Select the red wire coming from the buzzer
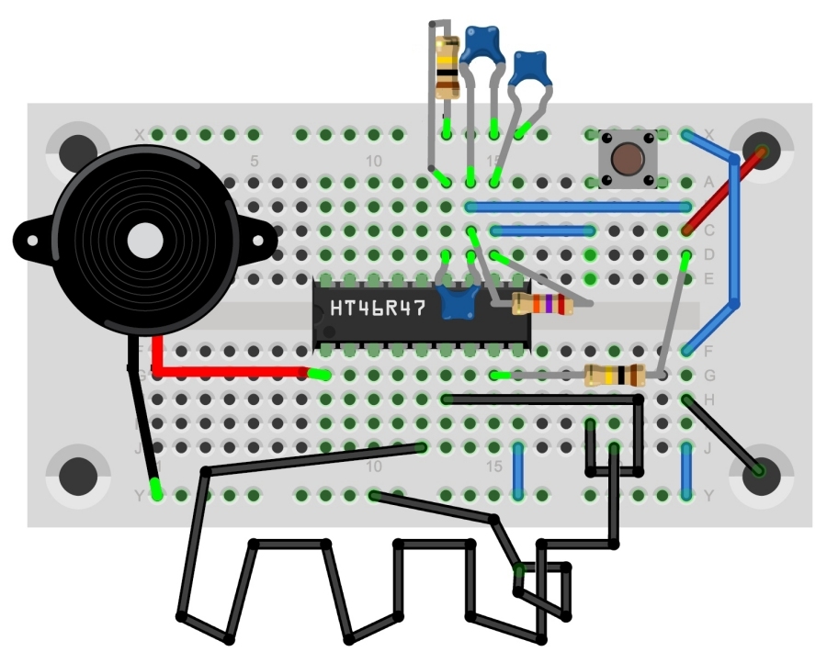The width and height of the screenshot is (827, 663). coord(230,372)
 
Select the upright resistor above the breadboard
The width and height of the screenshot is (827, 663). coord(447,67)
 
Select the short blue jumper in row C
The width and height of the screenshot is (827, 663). coord(542,230)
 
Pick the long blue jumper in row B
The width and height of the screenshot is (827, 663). coord(579,207)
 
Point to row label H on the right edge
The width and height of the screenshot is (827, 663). coord(708,399)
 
